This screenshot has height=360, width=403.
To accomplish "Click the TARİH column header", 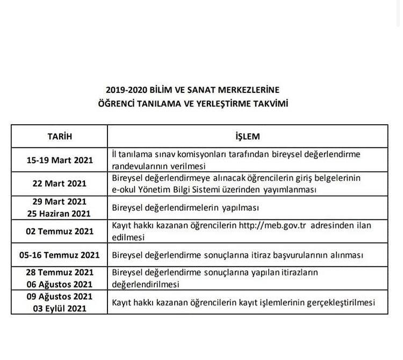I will tap(60, 136).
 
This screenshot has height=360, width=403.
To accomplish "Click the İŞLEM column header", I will tap(248, 136).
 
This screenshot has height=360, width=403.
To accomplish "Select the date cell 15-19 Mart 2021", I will tap(60, 160).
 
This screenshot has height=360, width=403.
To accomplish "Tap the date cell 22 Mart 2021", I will tap(60, 183).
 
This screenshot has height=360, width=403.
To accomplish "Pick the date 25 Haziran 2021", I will tap(60, 213).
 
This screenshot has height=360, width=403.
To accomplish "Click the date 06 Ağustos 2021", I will tap(60, 284).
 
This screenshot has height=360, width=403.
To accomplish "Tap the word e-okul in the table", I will tap(125, 189).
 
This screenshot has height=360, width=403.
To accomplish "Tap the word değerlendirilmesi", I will tap(145, 284).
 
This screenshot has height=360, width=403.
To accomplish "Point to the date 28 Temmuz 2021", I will tap(60, 272).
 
